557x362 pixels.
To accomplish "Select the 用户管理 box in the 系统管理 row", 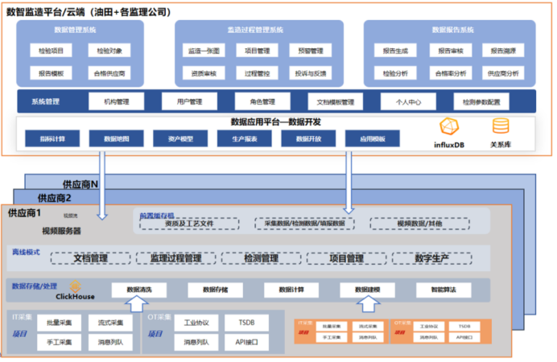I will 183,102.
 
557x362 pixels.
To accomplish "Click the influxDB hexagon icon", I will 448,127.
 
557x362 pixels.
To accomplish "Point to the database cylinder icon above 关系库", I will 501,126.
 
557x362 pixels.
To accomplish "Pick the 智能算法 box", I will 442,289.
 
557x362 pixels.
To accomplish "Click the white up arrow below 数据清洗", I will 134,304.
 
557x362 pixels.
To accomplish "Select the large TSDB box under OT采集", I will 247,323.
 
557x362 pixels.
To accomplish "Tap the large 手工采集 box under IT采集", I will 59,342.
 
